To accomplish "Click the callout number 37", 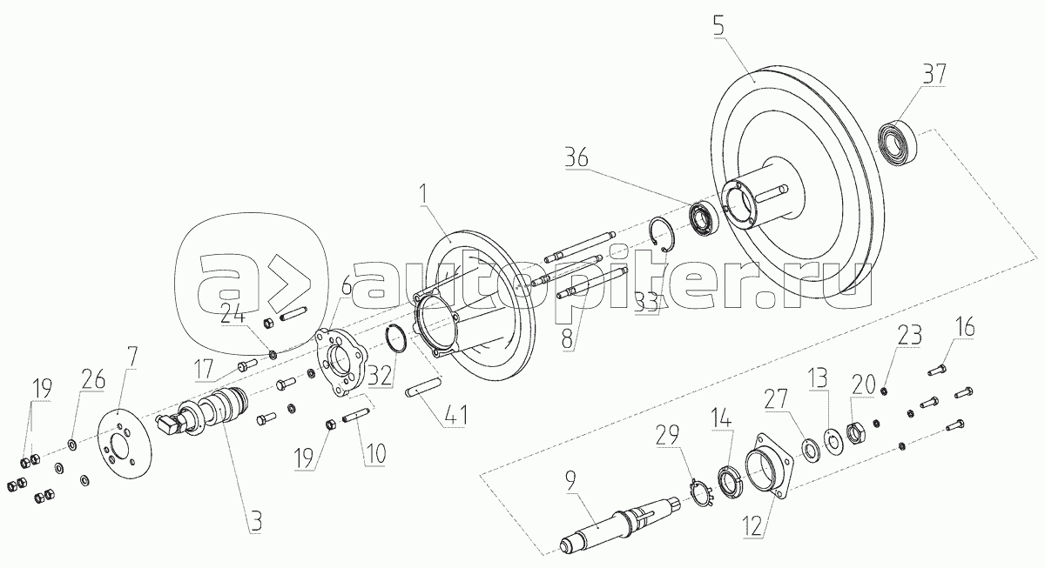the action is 934,74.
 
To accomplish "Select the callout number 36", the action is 576,157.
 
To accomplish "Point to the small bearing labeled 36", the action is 703,217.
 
